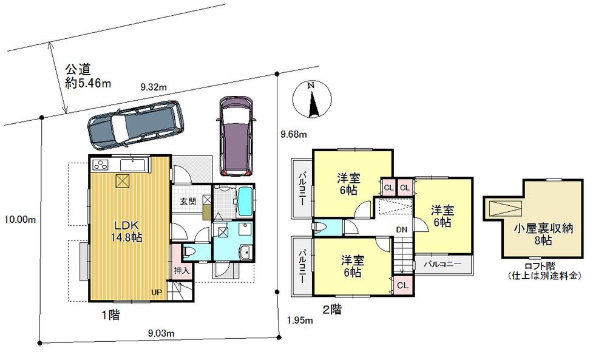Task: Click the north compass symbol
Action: [x=311, y=100]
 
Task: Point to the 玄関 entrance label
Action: [x=187, y=201]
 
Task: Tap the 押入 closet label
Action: [x=181, y=270]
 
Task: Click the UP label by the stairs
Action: [x=157, y=292]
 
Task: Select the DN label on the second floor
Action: [x=401, y=229]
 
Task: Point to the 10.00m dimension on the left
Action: [x=18, y=219]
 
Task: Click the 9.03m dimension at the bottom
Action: [x=161, y=332]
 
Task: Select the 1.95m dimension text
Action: [x=299, y=321]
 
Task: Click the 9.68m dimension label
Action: [x=294, y=134]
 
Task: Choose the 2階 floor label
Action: [x=331, y=310]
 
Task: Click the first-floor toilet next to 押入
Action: [x=188, y=251]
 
